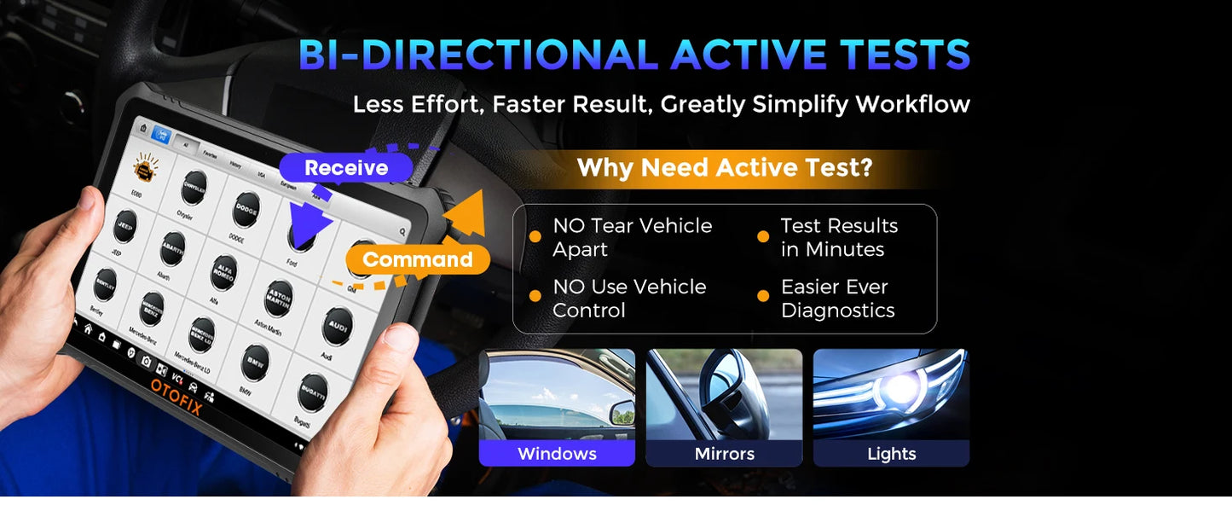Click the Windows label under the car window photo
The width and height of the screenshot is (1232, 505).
557,453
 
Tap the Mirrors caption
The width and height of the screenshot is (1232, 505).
724,453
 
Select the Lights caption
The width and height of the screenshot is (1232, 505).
891,453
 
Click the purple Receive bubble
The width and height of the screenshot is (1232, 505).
346,168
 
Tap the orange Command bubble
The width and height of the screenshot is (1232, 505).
418,259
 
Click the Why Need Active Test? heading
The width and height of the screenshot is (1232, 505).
725,167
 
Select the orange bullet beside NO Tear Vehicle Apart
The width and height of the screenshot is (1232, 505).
535,237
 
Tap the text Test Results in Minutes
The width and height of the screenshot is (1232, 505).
839,237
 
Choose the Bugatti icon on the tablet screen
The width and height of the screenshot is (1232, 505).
313,392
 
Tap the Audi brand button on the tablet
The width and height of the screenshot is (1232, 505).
338,326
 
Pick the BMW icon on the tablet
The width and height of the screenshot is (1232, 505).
255,362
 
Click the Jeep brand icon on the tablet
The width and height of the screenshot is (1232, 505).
125,226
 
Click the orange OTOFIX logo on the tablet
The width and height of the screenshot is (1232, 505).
176,397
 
